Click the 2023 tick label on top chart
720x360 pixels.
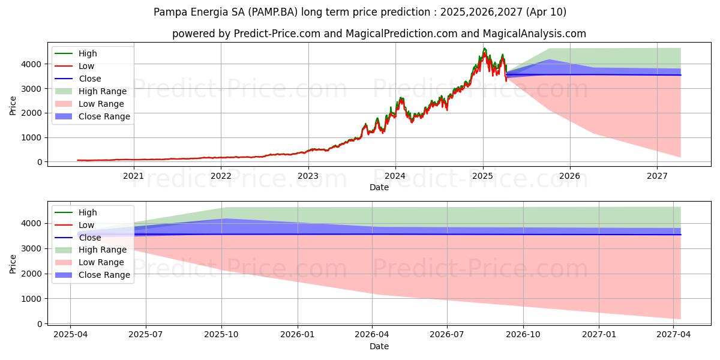click(x=308, y=176)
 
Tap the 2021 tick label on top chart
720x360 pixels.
click(x=133, y=176)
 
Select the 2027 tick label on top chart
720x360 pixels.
click(x=657, y=176)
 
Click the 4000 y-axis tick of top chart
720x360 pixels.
click(x=34, y=64)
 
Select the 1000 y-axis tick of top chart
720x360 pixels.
click(x=34, y=137)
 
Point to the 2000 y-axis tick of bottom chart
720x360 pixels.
click(x=34, y=274)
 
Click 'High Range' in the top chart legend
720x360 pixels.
click(x=103, y=91)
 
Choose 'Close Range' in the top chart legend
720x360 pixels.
click(x=104, y=116)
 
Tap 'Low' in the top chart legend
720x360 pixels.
click(x=86, y=66)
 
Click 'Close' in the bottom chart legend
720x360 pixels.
click(x=90, y=238)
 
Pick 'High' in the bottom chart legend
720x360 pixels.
click(x=88, y=212)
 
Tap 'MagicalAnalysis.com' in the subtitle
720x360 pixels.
click(x=538, y=34)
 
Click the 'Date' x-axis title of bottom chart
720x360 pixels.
click(x=379, y=346)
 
